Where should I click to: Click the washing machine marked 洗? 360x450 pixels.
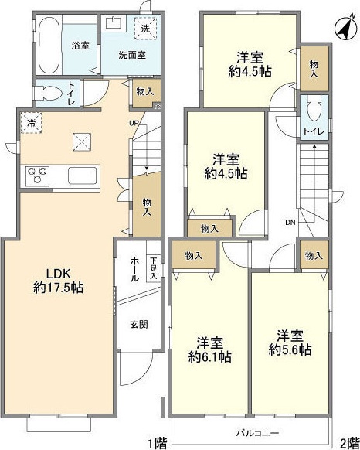click(144, 29)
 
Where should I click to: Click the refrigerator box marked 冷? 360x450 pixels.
click(32, 123)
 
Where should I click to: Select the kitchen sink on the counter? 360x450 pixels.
click(83, 175)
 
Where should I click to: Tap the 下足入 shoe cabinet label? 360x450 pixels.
click(153, 267)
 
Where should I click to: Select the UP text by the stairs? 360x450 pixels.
click(133, 123)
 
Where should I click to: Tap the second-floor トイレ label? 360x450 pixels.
click(312, 131)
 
